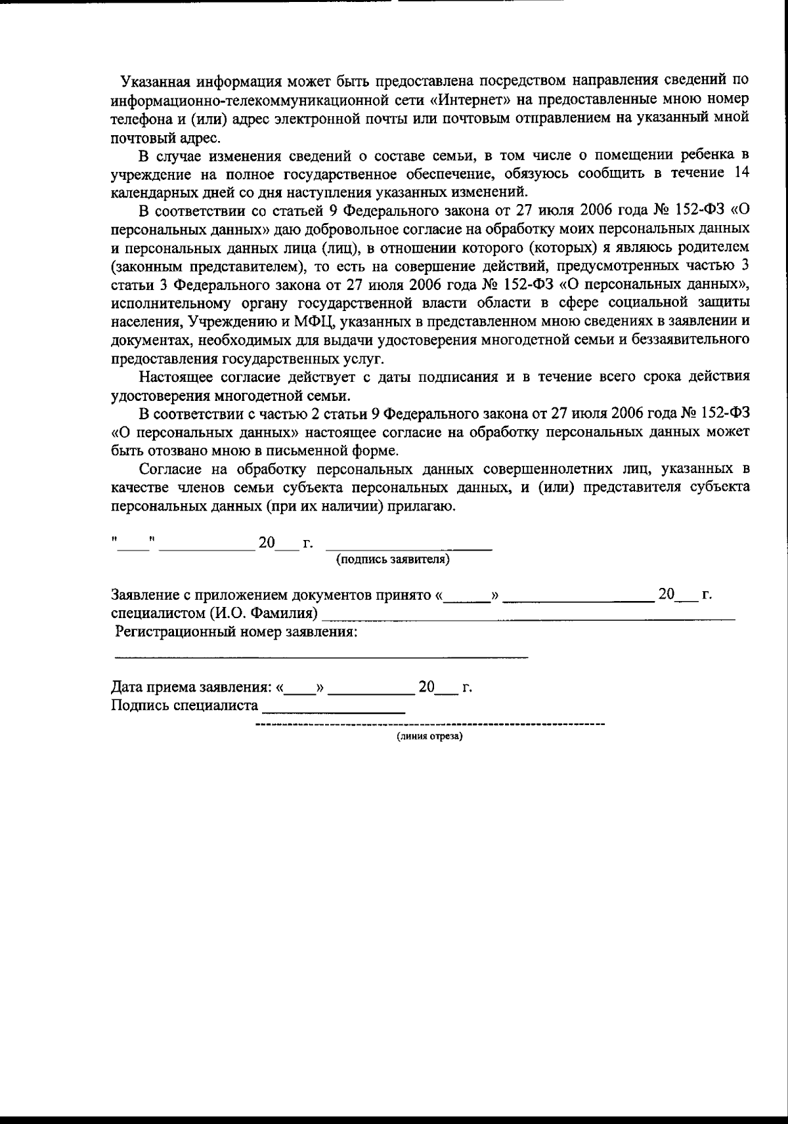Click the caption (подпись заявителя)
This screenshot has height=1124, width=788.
pyautogui.click(x=393, y=560)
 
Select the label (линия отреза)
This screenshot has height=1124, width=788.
pyautogui.click(x=429, y=736)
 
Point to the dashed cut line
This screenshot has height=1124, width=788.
pyautogui.click(x=429, y=724)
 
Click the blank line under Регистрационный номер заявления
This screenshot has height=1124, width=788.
pyautogui.click(x=322, y=656)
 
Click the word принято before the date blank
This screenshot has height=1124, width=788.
pyautogui.click(x=403, y=595)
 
